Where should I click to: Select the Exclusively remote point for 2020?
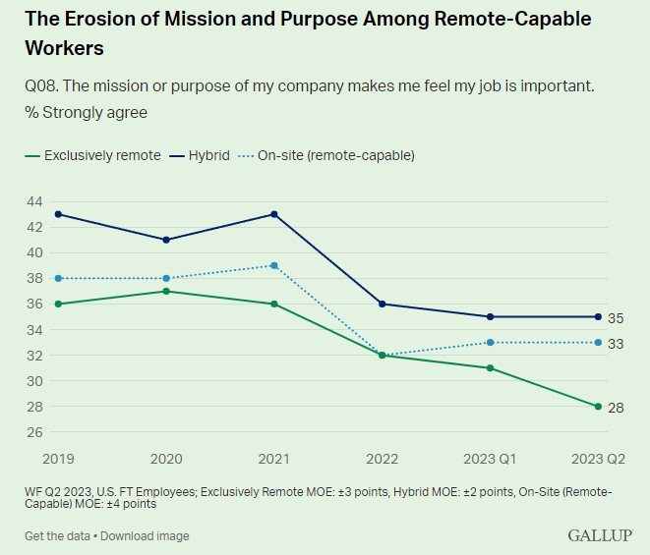click(x=166, y=291)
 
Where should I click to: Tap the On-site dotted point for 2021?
click(x=274, y=265)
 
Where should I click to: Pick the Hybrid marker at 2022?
click(x=383, y=304)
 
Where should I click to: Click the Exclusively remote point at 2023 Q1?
click(x=491, y=367)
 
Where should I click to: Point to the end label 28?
click(x=617, y=407)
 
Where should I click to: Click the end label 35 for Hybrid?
click(x=617, y=318)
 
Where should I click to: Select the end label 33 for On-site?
click(x=617, y=344)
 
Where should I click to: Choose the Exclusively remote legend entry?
click(x=93, y=155)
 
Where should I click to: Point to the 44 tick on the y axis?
click(x=34, y=201)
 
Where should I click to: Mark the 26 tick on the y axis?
click(x=34, y=432)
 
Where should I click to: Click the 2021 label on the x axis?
click(x=274, y=459)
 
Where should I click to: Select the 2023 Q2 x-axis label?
click(x=597, y=459)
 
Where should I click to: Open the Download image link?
click(x=145, y=536)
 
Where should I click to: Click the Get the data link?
click(x=57, y=536)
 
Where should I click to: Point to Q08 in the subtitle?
click(x=40, y=86)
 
